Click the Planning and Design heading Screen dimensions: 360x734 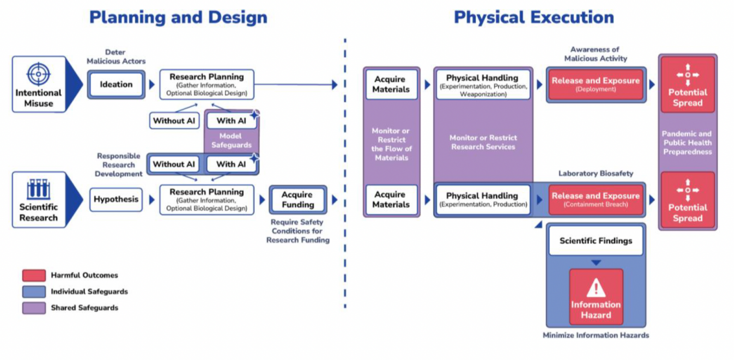(x=178, y=18)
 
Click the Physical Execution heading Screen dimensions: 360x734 (x=534, y=18)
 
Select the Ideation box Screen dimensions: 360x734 (x=116, y=85)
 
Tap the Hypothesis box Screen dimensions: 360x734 (x=116, y=199)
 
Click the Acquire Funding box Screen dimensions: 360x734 (x=298, y=199)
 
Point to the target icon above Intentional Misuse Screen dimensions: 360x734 (x=39, y=74)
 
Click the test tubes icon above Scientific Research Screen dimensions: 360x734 (x=39, y=189)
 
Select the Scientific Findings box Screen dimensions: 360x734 (x=595, y=241)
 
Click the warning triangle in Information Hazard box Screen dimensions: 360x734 (x=596, y=287)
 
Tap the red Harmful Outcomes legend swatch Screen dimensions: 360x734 (x=34, y=275)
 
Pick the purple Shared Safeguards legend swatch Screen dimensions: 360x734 (x=34, y=308)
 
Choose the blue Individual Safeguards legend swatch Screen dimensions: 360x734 (x=34, y=292)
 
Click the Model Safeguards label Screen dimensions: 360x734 (x=231, y=141)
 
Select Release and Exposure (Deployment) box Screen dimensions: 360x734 (x=595, y=85)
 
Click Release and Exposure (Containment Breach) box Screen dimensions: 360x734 (x=595, y=199)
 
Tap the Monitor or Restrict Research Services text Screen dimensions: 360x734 (x=483, y=142)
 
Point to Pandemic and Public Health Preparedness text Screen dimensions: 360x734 (x=687, y=142)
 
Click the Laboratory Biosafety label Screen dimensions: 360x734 (x=595, y=174)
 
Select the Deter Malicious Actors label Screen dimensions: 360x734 (x=116, y=56)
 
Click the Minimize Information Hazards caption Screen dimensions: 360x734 (x=595, y=336)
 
